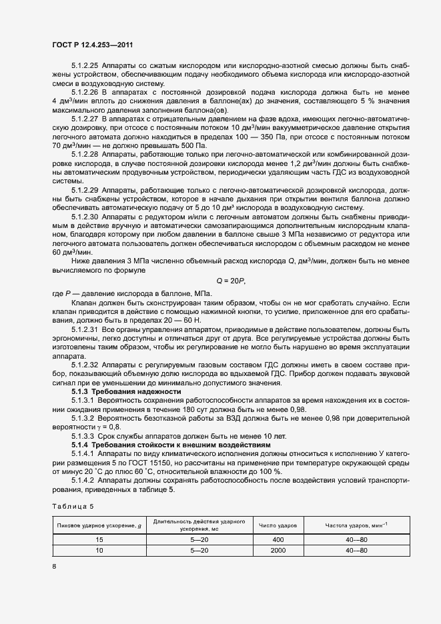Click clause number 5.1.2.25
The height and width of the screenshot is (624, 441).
coord(85,65)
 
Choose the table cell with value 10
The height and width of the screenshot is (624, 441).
coord(99,551)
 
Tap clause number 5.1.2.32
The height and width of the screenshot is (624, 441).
coord(85,365)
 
